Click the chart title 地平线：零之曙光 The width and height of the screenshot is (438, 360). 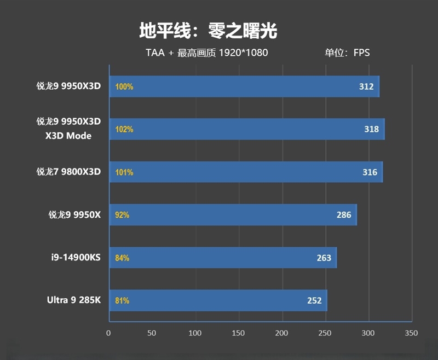[x=208, y=31]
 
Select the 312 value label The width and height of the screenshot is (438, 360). [x=366, y=86]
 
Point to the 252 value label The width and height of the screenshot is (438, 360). [x=314, y=300]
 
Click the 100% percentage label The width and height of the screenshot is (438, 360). [x=124, y=86]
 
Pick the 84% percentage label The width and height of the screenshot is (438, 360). [x=122, y=258]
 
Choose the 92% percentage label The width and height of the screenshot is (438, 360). [x=122, y=215]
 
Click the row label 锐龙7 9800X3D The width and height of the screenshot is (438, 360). [x=69, y=172]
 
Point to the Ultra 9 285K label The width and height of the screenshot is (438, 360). [x=74, y=300]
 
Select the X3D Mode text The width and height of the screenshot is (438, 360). [x=68, y=136]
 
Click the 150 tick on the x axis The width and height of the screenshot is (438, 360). [x=239, y=333]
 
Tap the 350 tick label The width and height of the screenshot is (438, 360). [x=411, y=333]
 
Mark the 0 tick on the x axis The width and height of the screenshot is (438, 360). [x=108, y=333]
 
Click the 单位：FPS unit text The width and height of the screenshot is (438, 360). [x=347, y=53]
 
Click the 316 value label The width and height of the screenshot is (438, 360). [x=370, y=172]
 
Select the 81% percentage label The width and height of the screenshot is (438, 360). [x=122, y=300]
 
